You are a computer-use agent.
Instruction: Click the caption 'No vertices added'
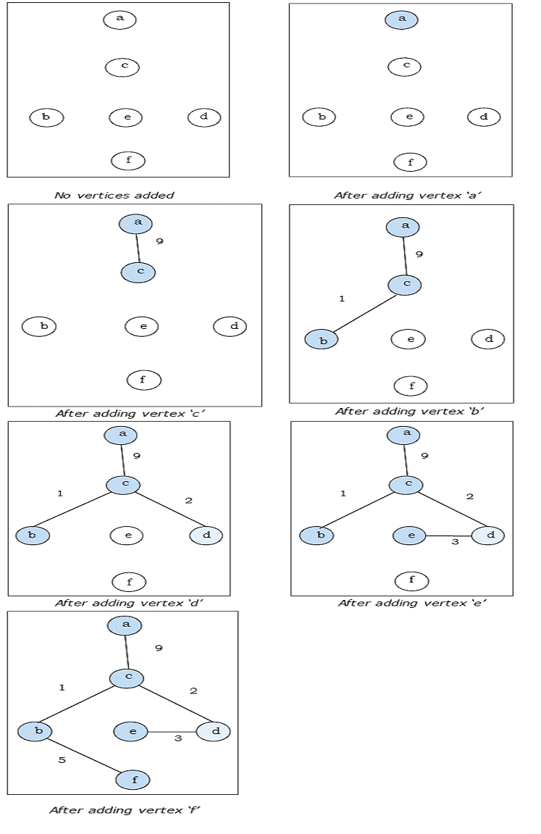[x=114, y=195]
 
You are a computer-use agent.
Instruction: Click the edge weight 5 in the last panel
[x=62, y=760]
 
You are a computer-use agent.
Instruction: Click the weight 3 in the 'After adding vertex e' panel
[x=455, y=541]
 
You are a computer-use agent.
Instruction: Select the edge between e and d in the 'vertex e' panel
[x=449, y=536]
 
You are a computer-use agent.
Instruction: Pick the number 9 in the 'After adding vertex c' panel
[x=159, y=241]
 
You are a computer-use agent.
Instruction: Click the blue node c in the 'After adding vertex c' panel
[x=138, y=272]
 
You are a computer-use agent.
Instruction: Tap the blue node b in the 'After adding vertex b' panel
[x=320, y=340]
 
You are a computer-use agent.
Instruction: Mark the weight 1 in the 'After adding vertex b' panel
[x=342, y=299]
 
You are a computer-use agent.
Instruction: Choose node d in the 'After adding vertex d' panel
[x=206, y=535]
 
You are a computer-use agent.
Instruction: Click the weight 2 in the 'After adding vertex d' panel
[x=188, y=501]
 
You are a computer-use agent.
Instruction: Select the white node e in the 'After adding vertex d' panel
[x=127, y=535]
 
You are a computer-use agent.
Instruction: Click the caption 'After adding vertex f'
[x=124, y=810]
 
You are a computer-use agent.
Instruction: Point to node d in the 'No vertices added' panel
[x=204, y=117]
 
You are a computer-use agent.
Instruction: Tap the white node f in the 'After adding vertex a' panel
[x=410, y=162]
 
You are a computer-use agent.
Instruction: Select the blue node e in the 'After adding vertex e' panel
[x=410, y=535]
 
